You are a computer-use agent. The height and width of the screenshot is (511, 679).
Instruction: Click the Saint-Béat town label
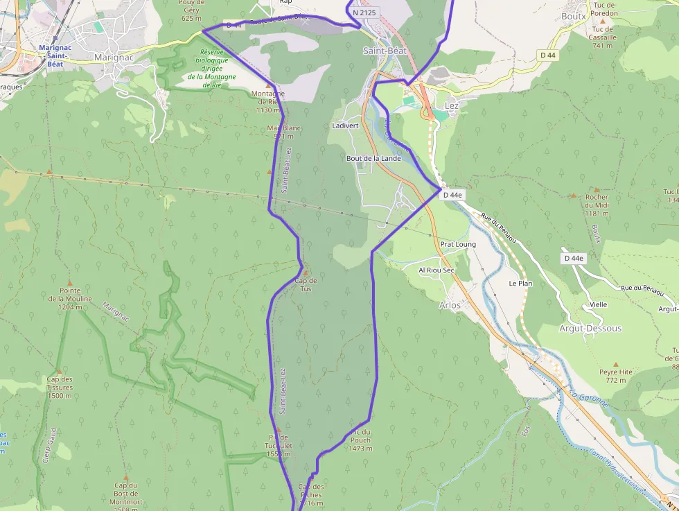pos(385,51)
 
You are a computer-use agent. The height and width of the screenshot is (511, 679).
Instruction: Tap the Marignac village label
pos(114,58)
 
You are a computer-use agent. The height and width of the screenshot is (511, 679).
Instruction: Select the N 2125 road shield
pos(365,12)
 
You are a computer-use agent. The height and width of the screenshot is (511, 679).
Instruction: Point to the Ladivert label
pos(345,125)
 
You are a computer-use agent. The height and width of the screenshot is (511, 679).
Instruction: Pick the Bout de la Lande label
pos(373,158)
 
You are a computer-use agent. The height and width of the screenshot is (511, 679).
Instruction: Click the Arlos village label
pos(450,304)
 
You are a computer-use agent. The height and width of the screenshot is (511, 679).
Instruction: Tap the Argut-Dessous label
pos(590,328)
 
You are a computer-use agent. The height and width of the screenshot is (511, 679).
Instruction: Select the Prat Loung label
pos(458,244)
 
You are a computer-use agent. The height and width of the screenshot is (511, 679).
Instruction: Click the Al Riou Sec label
pos(436,270)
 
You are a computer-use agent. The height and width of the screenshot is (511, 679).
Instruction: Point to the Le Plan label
pos(520,284)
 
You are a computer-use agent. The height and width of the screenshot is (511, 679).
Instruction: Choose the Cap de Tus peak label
pos(306,284)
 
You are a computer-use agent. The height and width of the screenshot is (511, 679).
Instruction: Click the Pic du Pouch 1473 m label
pos(360,440)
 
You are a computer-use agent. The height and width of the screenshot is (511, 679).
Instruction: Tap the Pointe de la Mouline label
pos(66,298)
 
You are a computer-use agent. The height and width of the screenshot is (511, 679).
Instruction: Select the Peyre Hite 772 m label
pos(616,376)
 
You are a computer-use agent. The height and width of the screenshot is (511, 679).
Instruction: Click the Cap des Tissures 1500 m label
pos(60,387)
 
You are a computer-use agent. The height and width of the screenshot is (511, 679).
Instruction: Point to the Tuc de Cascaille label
pos(603,37)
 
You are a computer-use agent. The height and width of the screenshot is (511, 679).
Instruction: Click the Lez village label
pos(450,105)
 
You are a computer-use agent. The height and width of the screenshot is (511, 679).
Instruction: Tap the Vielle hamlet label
pos(599,304)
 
